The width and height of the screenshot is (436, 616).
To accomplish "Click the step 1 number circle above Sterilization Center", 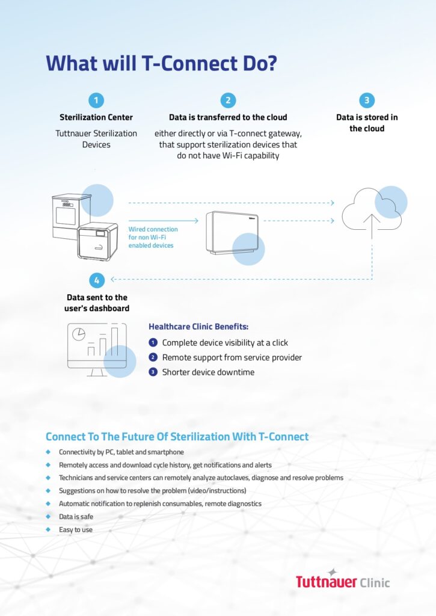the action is [x=96, y=100].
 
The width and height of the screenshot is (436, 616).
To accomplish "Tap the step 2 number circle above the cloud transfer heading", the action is [x=228, y=100].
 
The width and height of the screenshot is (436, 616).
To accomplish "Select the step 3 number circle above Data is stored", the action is [x=367, y=100].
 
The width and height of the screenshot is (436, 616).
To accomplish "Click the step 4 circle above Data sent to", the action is [x=97, y=280].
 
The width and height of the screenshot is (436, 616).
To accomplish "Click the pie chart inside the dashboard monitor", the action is [x=79, y=334].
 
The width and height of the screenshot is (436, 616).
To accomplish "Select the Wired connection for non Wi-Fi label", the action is [x=153, y=237].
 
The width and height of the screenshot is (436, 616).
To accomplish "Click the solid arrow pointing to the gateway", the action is [x=164, y=221].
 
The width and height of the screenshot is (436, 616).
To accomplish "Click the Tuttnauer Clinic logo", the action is [x=343, y=579].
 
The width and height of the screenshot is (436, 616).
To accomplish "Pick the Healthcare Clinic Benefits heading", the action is [x=198, y=327].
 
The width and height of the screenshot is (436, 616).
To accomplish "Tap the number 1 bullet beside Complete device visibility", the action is [x=153, y=342].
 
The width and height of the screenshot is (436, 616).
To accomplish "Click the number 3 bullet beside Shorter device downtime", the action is [x=153, y=372].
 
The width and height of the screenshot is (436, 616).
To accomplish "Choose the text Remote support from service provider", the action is [x=232, y=357].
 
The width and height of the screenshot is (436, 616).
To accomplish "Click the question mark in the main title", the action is [x=271, y=64].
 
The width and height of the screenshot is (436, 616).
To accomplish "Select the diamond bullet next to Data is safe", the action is [x=48, y=517].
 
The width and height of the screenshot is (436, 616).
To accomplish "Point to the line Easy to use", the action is [x=76, y=529].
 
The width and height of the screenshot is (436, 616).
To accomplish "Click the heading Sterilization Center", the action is [x=96, y=117].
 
